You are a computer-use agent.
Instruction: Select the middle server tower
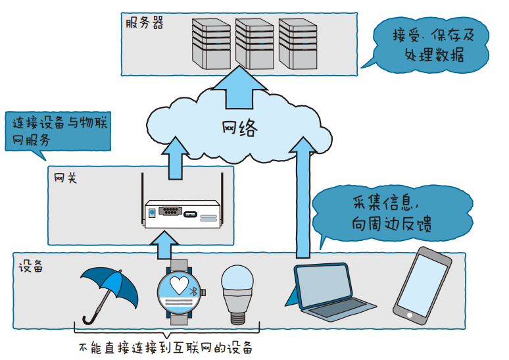[254, 43]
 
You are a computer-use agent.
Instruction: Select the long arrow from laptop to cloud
[303, 197]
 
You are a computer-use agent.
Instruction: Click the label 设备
[31, 267]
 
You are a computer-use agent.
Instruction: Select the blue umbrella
[108, 290]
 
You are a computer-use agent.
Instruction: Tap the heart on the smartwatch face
[178, 284]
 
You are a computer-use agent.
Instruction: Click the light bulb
[235, 293]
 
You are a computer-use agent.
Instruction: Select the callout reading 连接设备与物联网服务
[54, 131]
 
